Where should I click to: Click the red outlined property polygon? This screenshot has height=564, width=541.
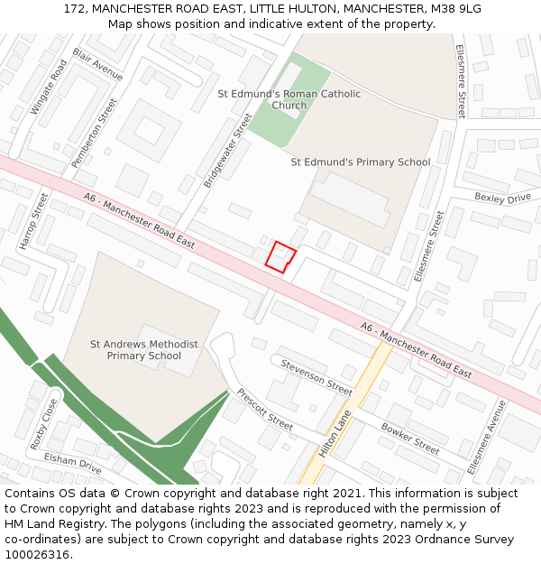280,256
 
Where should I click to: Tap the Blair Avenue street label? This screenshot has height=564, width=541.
97,64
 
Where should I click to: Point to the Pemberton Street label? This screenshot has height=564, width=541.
95,132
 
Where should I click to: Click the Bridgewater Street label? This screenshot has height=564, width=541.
228,149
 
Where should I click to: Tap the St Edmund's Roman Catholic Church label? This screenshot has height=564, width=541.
289,99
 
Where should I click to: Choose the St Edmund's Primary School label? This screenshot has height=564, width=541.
360,162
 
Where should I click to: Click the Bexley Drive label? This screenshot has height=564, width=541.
502,198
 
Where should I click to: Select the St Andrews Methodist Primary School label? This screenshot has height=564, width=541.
143,350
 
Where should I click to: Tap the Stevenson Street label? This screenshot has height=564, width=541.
316,376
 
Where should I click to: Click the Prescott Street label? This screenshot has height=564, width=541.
264,409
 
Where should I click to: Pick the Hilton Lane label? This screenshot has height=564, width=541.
334,434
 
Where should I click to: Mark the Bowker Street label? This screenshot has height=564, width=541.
409,438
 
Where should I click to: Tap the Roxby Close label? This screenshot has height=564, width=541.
43,423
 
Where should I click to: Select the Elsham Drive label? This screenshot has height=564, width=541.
72,463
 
